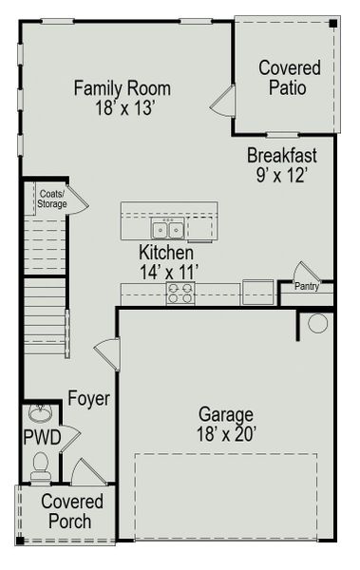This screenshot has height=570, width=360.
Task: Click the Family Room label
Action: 123,88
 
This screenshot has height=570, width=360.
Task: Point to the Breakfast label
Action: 282,155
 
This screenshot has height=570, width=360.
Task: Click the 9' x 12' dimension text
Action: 282,175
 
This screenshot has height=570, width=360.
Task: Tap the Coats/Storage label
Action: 52,199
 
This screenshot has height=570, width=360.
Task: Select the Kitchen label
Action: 166,254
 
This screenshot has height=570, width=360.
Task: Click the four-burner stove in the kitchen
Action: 180,294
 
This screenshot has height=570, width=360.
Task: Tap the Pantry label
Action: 306,286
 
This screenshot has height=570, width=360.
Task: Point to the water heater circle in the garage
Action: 317,323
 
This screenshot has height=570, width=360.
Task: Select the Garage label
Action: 225,414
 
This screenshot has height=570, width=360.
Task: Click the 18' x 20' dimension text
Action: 225,434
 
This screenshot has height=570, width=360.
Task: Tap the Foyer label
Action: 88,399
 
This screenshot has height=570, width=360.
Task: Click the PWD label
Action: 42,437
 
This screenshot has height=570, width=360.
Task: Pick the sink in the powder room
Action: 41,414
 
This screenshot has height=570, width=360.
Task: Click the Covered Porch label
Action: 66,512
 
